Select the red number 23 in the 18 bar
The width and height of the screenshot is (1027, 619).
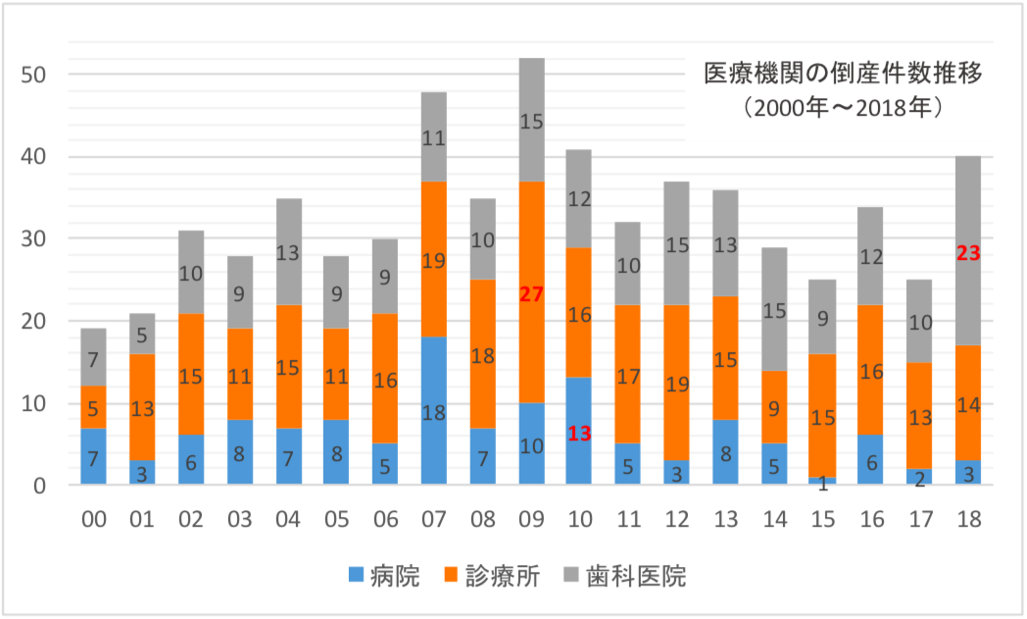click(967, 253)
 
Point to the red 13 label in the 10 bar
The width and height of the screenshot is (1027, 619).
click(580, 434)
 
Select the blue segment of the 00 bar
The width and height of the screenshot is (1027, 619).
click(94, 456)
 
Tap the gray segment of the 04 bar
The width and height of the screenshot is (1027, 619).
click(288, 252)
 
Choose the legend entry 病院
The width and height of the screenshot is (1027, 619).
click(384, 576)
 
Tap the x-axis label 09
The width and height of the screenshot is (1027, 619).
click(531, 519)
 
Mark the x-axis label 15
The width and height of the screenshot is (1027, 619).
click(822, 519)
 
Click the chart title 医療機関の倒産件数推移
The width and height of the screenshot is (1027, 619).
click(843, 74)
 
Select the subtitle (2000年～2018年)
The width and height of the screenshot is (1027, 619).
click(843, 106)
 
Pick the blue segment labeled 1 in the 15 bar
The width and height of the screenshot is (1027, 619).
click(822, 481)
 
